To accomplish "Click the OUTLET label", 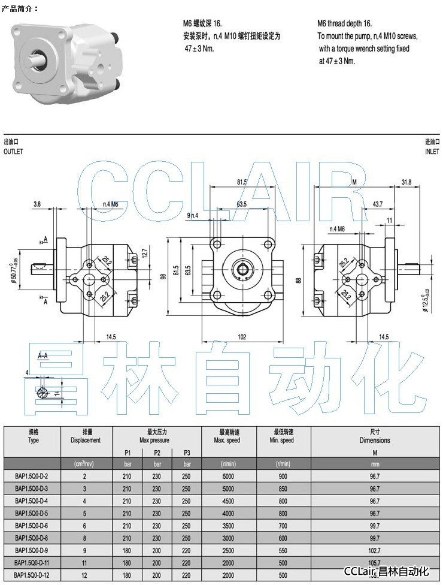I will click(13, 152).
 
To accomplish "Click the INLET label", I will click(432, 152).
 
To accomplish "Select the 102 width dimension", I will click(242, 337).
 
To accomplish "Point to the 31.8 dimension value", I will click(406, 182).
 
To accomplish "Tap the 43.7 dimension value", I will click(378, 204).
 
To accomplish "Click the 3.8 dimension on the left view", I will click(37, 204).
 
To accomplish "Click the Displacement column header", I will click(85, 436).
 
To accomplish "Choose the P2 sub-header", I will click(157, 452).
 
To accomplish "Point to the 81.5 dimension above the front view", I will click(242, 182).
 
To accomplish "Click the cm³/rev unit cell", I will click(85, 464).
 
